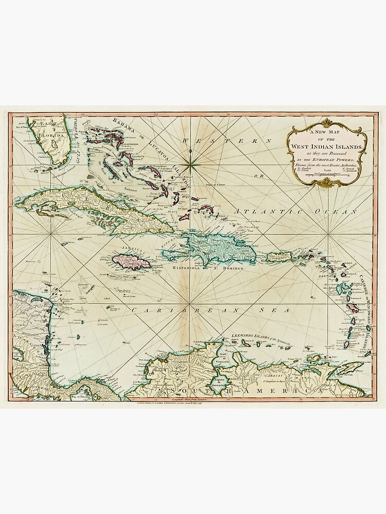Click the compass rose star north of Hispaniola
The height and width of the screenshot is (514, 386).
190,163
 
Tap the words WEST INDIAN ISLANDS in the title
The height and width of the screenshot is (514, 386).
327,147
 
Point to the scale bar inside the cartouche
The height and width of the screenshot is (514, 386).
327,176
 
